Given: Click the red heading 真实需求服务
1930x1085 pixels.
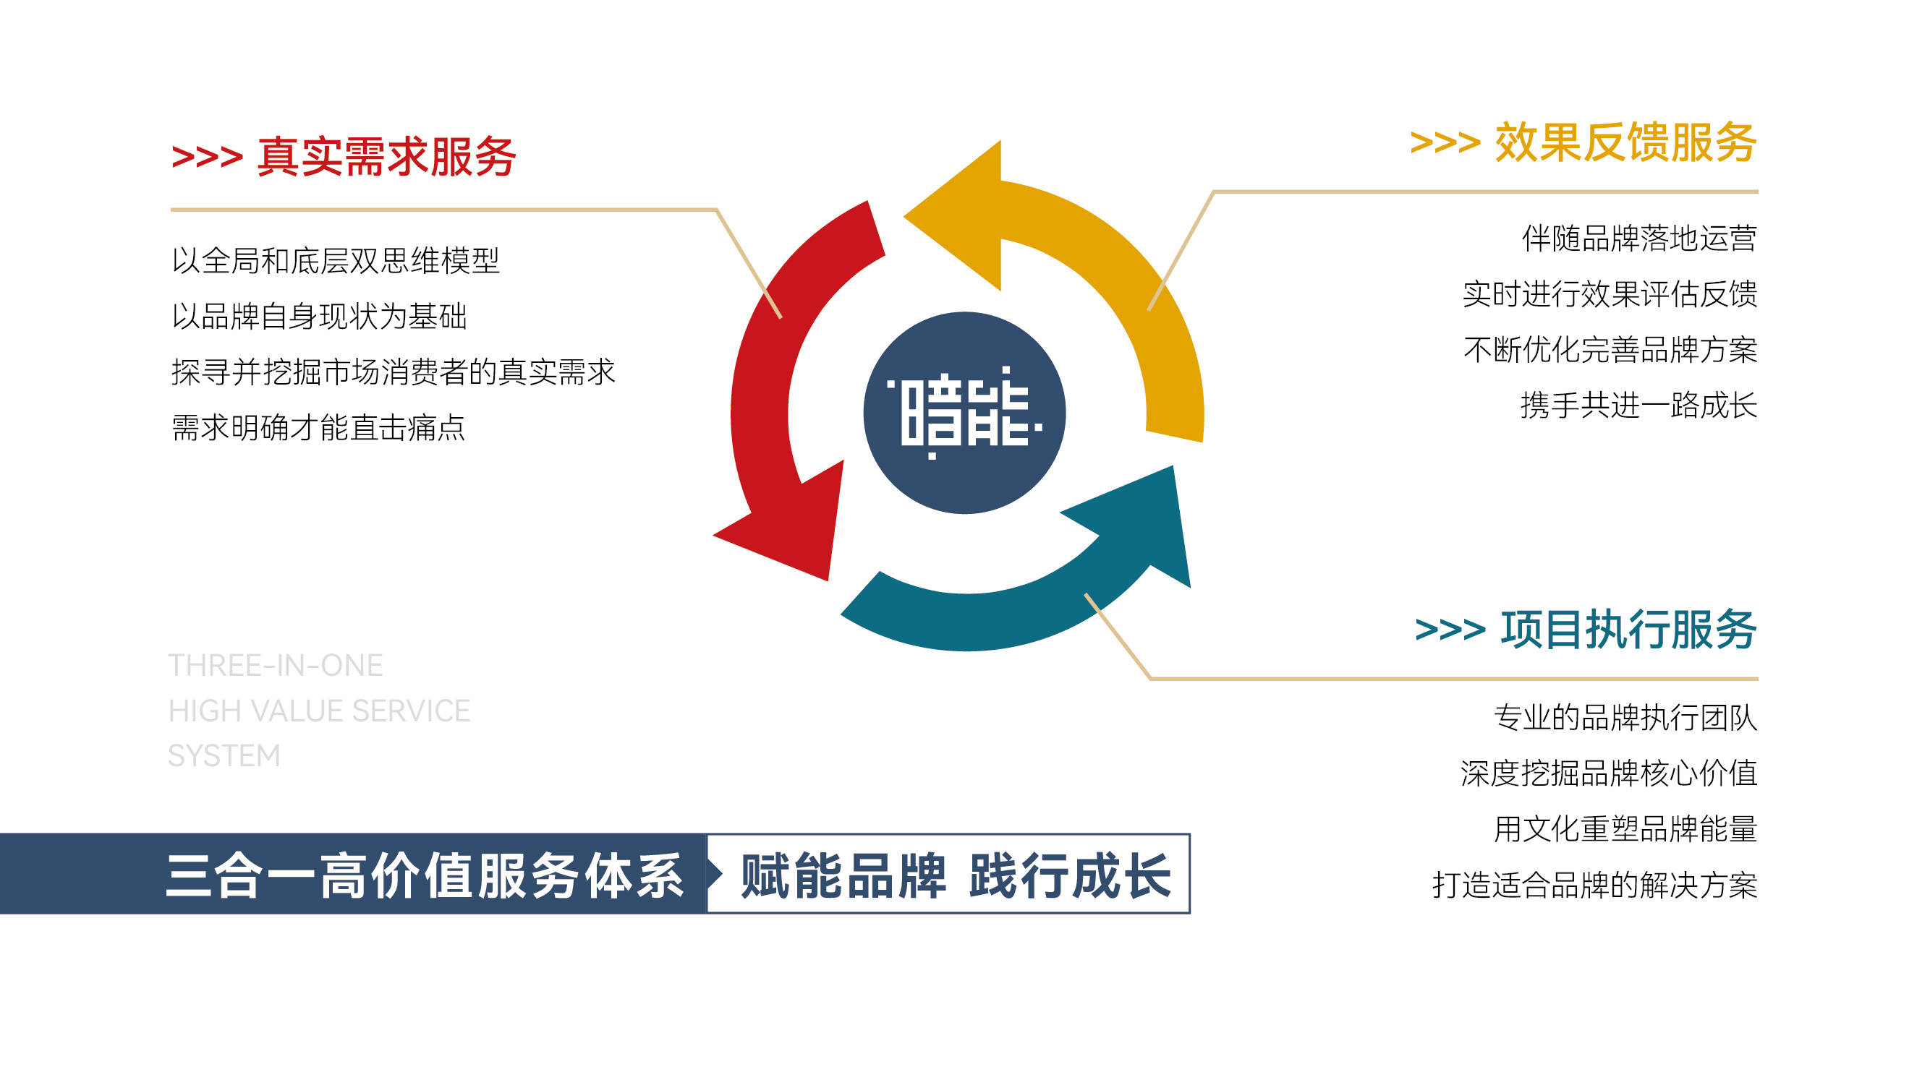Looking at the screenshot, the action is pos(386,158).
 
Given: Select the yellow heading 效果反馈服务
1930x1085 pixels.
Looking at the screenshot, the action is pos(1626,142).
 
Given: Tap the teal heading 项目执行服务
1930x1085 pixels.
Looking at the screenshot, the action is pos(1629,629).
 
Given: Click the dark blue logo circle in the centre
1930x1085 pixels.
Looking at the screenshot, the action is pos(964,413).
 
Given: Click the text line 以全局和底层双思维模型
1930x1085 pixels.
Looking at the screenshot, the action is pos(336,260).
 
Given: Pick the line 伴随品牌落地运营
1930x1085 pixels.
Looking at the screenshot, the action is pos(1639,239).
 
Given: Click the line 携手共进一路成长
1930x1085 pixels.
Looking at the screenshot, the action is pos(1639,406).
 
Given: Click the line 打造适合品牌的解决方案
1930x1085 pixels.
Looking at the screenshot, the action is pos(1595,885).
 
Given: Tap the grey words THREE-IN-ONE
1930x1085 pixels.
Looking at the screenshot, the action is pos(276,666).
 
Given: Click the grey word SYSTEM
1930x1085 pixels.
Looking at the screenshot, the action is pos(224,755).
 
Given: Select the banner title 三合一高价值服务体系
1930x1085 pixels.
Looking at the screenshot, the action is pos(424,875).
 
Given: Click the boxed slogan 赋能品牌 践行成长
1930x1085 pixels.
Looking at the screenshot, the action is pos(956,875).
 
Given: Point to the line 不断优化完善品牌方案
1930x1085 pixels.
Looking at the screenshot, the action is pos(1610,350).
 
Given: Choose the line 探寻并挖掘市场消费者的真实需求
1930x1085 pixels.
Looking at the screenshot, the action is pos(394,372).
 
